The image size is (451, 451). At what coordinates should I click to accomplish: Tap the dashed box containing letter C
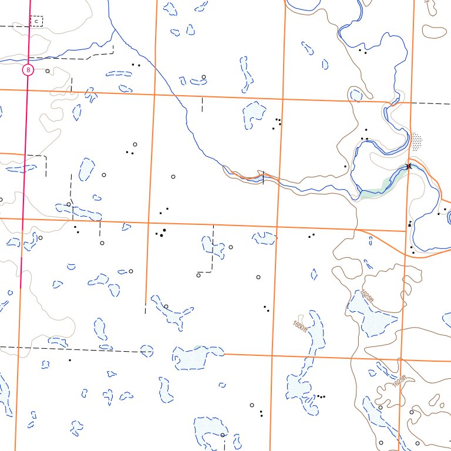36,21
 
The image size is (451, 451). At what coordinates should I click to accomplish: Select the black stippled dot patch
416,142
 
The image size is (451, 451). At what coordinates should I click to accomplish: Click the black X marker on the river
409,167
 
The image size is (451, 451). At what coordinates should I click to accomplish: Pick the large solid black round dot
164,230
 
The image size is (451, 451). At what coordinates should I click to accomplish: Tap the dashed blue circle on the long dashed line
147,351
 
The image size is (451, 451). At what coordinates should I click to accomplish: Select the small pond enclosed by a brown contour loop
355,95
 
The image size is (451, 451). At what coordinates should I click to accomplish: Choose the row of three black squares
321,396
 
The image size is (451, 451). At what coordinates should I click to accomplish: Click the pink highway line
24,176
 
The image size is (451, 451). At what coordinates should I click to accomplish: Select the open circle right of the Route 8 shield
48,70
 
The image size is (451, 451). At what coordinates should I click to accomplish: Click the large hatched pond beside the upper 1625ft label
370,317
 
